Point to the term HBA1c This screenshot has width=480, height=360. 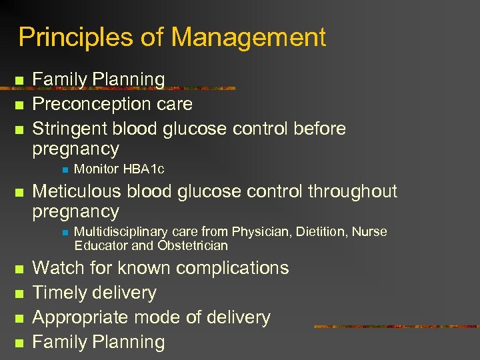(x=143, y=169)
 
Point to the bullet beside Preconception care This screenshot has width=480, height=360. (x=19, y=105)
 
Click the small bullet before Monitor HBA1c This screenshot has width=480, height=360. (x=63, y=169)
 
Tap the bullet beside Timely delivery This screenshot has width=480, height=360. (x=19, y=293)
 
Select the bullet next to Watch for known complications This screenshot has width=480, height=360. (x=19, y=269)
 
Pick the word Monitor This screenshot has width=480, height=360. (x=97, y=169)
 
